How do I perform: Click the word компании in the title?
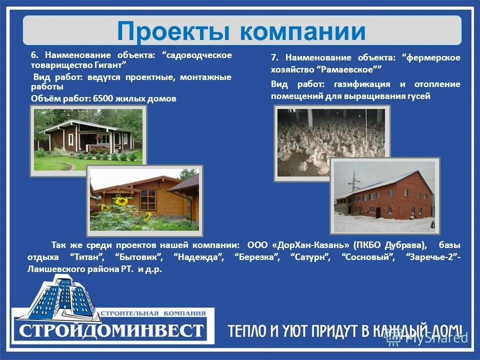tap(302, 31)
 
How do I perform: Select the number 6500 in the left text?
tap(102, 99)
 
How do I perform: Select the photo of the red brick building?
tap(384, 196)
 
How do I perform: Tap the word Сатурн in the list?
tap(310, 257)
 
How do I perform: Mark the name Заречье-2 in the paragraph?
tap(431, 257)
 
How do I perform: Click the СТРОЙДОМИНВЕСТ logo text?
tap(112, 330)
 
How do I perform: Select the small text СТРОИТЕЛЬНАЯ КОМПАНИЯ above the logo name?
tap(153, 313)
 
